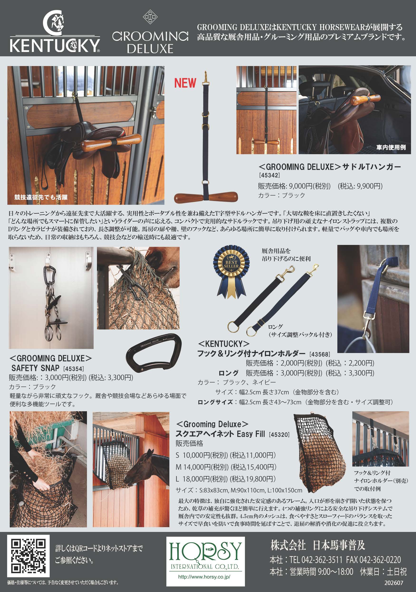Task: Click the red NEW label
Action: [x=185, y=83]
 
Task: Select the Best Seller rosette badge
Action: [x=231, y=271]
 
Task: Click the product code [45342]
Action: [x=269, y=175]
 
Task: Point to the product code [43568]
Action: [x=319, y=354]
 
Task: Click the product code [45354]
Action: [x=73, y=369]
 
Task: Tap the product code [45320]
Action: [x=279, y=434]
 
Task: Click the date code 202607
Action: [x=394, y=583]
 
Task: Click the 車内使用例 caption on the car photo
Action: [x=391, y=147]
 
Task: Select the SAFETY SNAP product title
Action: [x=35, y=368]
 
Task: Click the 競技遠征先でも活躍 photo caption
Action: [x=41, y=197]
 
